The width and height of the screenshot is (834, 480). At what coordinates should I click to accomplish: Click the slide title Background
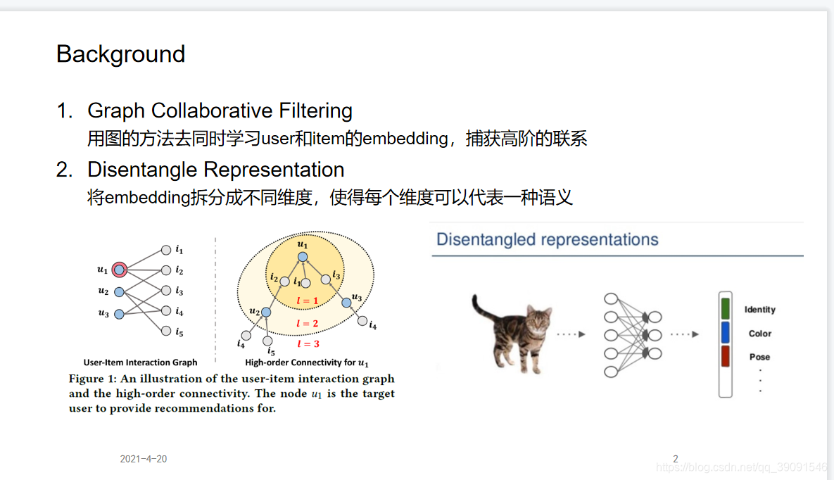tap(120, 54)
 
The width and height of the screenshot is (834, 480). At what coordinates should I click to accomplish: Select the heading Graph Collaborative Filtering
tap(220, 110)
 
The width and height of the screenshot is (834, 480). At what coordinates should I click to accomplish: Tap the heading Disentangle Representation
tap(215, 170)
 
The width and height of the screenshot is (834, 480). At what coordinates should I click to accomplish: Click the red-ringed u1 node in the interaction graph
tap(120, 269)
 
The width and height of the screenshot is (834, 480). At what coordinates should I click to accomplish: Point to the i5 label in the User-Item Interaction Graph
tap(179, 331)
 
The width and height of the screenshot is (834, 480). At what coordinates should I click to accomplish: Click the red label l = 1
tap(307, 301)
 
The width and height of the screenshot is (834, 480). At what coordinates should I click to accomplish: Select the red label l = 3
tap(308, 343)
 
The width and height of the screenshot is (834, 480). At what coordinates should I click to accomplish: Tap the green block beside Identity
tap(725, 309)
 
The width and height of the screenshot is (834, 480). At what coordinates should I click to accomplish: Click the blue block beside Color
tap(725, 333)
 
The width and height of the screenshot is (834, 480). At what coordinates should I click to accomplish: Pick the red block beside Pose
tap(725, 356)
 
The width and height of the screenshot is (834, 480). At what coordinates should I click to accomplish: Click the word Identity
tap(759, 310)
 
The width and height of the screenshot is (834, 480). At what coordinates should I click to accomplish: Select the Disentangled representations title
tap(547, 239)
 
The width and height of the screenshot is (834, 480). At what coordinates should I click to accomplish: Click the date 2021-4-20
tap(144, 459)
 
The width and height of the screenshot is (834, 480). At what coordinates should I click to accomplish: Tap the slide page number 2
tap(675, 459)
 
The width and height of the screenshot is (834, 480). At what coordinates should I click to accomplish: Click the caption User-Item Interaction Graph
tap(140, 362)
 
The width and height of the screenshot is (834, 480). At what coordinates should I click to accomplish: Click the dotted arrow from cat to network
tap(571, 334)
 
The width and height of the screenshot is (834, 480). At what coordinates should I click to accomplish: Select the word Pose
tap(759, 357)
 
